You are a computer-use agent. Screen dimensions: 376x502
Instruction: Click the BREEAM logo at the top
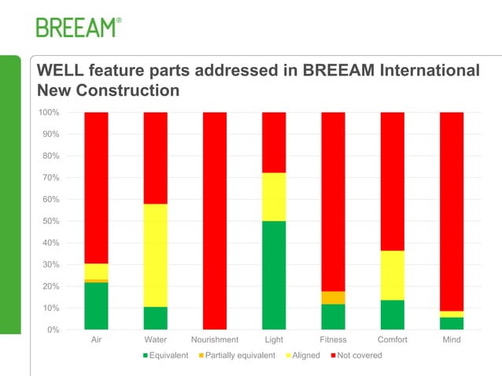click(79, 28)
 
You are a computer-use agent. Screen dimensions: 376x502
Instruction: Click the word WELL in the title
click(61, 71)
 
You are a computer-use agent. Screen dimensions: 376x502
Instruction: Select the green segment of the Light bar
click(274, 275)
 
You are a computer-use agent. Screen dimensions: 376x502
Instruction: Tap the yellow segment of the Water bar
click(155, 255)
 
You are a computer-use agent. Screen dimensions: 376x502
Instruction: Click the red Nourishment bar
click(215, 220)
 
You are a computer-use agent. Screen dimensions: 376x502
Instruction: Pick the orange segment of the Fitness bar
click(333, 297)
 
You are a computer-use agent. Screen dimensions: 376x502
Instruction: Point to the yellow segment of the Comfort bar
click(392, 275)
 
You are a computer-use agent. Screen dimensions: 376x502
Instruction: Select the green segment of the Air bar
click(96, 305)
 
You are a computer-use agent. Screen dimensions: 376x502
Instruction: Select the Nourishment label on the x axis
click(215, 340)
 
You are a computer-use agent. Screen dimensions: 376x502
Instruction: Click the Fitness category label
click(333, 340)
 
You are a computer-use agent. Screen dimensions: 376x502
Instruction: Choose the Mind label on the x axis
click(451, 340)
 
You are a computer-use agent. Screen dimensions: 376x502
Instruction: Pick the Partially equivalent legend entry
click(237, 356)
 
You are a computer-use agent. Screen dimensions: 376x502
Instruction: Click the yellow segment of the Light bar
click(274, 197)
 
